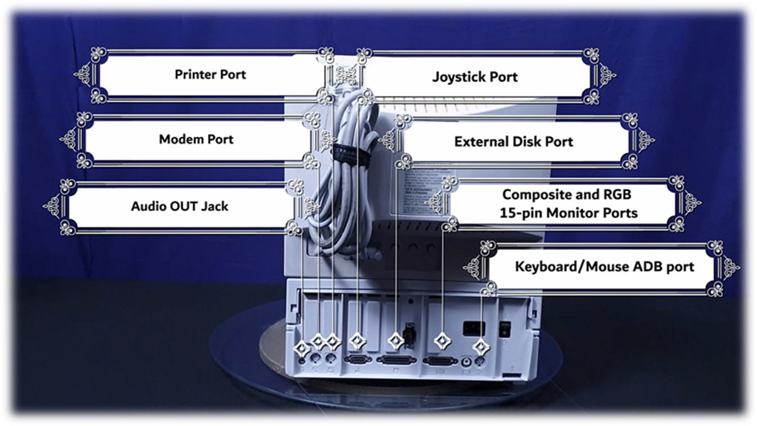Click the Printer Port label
[x=210, y=74]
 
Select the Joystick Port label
[x=474, y=77]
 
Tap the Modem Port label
[x=195, y=139]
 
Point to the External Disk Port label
[x=513, y=141]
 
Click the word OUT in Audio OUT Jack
[x=180, y=206]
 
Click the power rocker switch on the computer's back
[x=505, y=329]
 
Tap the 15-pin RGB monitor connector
[x=440, y=361]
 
